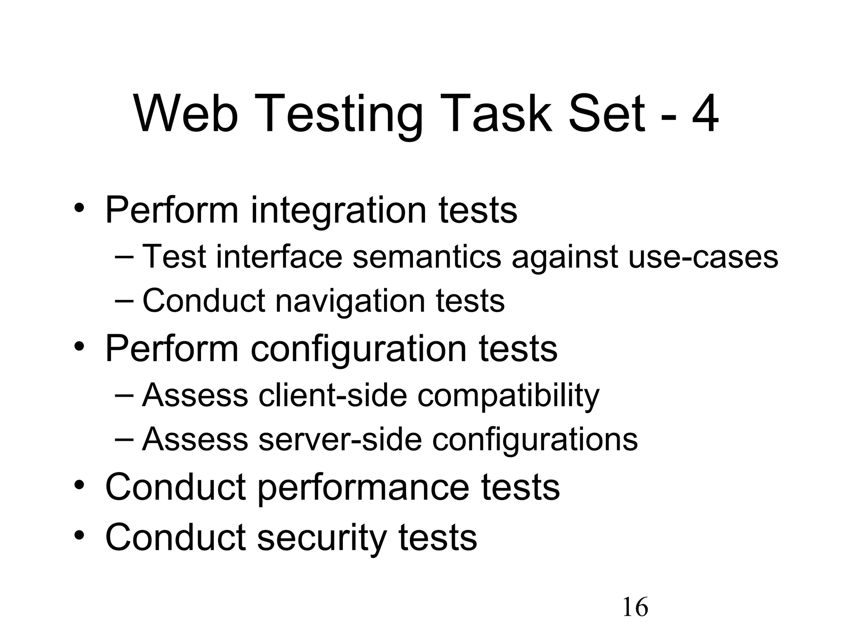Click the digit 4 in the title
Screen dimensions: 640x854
pos(705,113)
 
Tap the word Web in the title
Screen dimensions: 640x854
pos(186,113)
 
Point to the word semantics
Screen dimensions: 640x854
pos(427,256)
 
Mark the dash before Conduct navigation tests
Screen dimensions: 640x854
pos(124,300)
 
